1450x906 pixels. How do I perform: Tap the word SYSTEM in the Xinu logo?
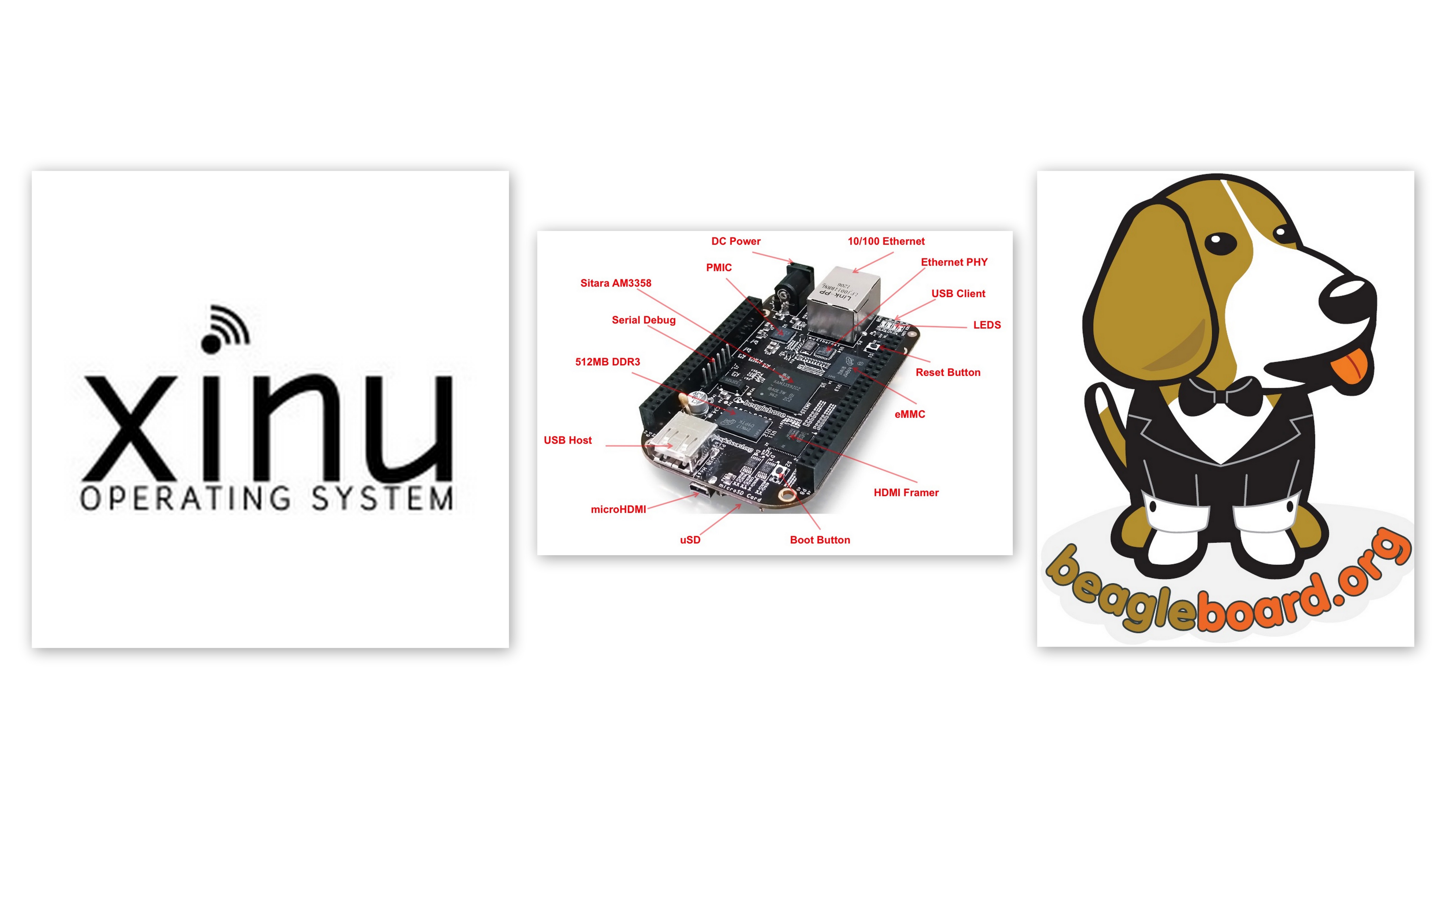pos(382,499)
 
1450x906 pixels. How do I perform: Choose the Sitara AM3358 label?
pos(615,283)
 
